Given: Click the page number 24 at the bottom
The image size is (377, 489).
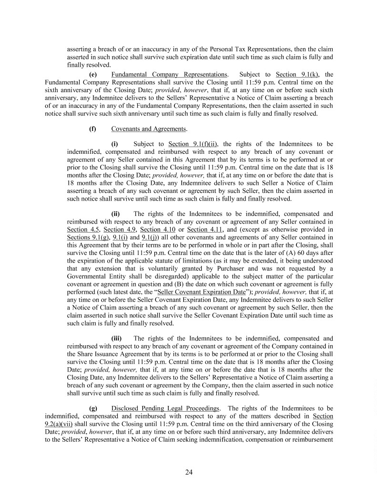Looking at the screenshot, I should pyautogui.click(x=188, y=472).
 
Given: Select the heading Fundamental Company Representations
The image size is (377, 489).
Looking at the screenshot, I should pyautogui.click(x=169, y=74).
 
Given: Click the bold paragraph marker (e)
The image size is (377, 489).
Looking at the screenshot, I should pyautogui.click(x=94, y=74).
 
